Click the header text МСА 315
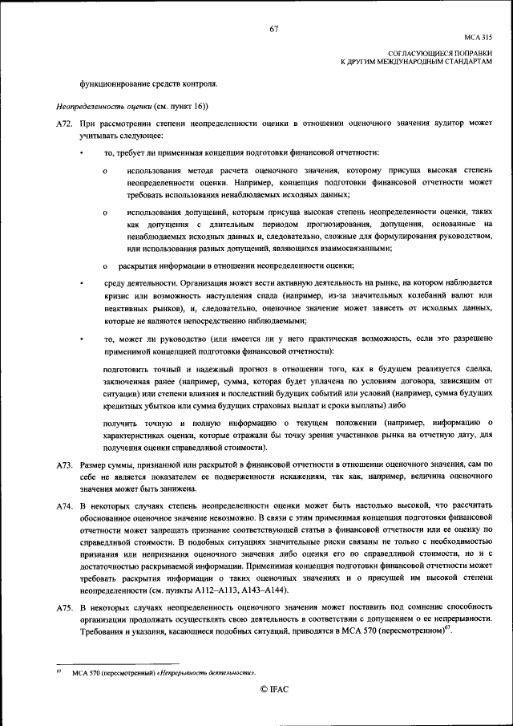click(478, 38)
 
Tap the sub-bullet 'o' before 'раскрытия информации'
click(105, 266)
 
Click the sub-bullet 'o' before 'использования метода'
click(105, 171)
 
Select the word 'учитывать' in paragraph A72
click(99, 136)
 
